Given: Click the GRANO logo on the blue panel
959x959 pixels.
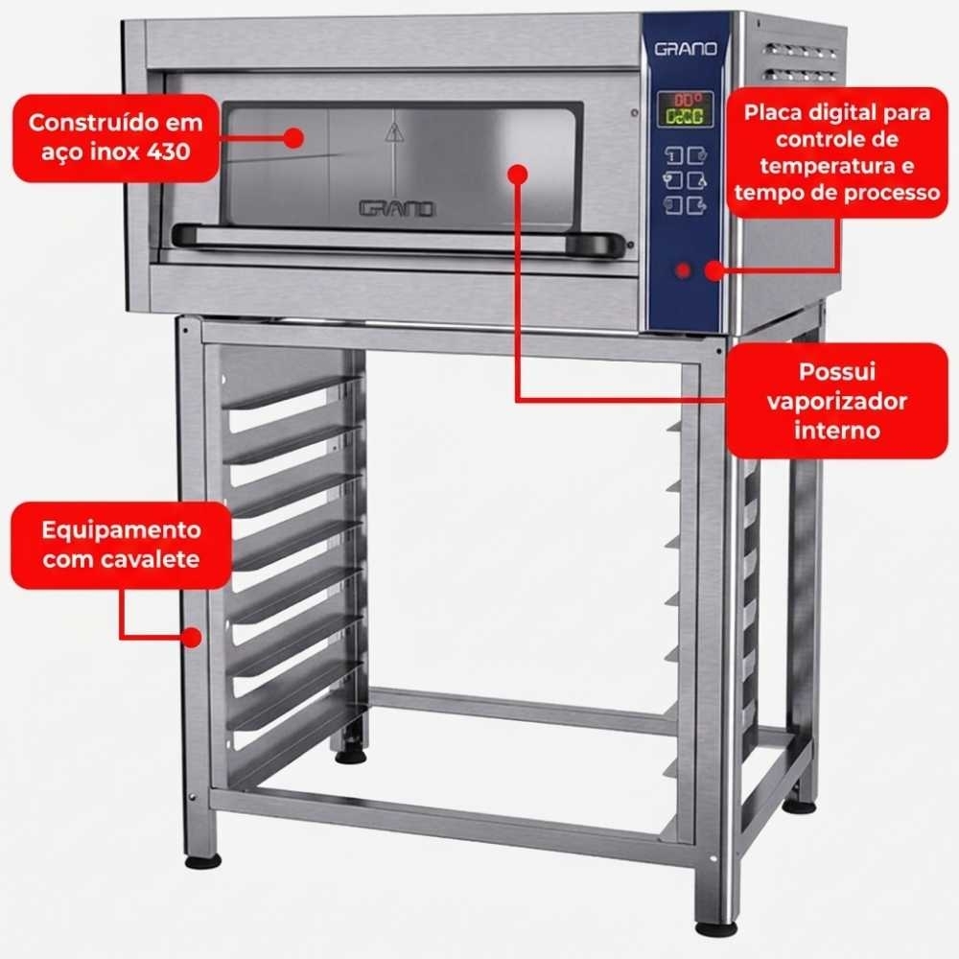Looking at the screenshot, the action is [686, 49].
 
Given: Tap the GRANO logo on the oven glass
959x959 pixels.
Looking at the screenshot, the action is [397, 209].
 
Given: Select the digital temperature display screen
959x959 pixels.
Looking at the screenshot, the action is [685, 109].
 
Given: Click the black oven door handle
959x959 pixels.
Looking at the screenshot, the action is [398, 239].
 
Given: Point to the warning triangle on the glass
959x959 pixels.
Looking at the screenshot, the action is [394, 131].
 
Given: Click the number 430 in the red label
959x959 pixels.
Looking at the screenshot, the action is [168, 152].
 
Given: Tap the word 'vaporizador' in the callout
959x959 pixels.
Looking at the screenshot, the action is [836, 401].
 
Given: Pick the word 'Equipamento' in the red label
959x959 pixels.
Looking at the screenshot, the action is [121, 530].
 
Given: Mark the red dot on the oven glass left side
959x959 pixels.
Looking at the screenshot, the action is [294, 137].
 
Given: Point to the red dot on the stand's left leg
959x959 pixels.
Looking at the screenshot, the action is [192, 638].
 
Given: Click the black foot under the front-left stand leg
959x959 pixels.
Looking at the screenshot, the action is [203, 862].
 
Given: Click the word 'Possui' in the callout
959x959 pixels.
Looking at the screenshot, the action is [836, 371].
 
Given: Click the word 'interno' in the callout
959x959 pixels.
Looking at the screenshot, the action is [836, 430].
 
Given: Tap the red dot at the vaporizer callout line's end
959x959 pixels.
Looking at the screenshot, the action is [518, 175].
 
